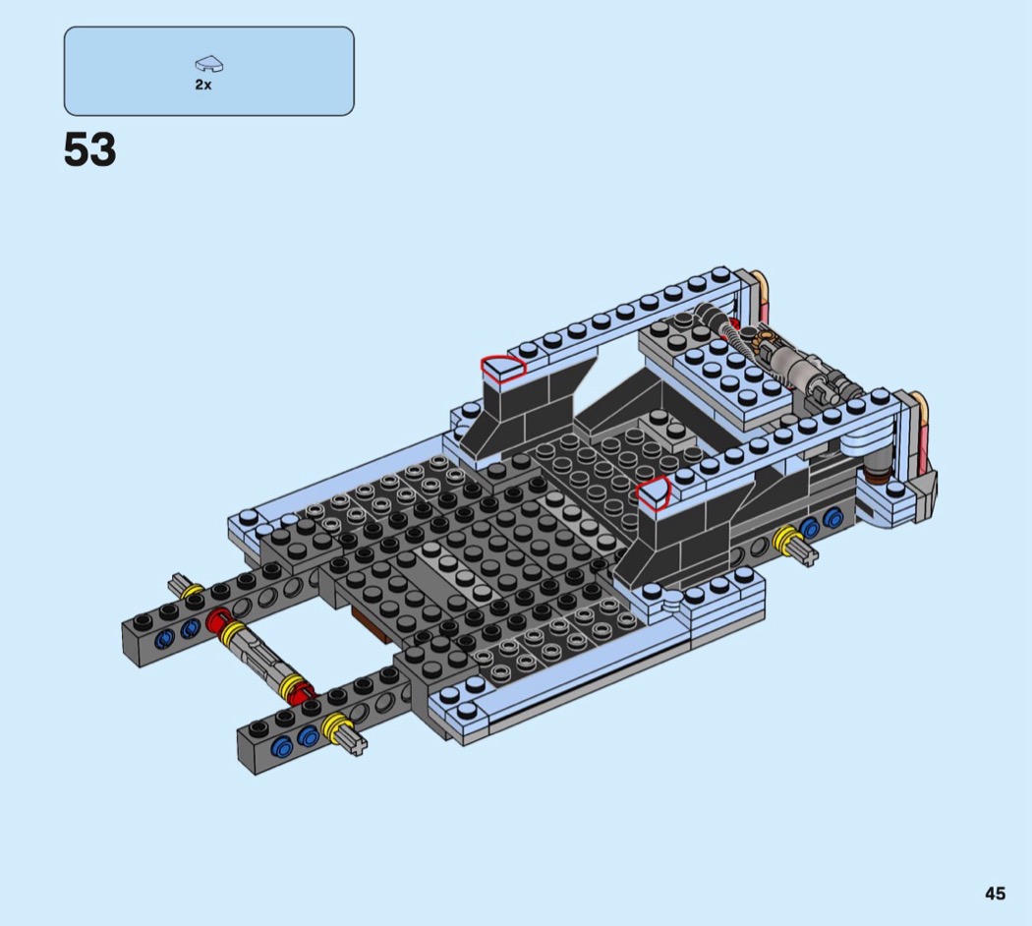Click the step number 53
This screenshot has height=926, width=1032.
click(x=89, y=149)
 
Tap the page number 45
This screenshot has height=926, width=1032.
click(x=995, y=894)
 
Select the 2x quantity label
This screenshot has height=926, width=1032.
click(x=202, y=85)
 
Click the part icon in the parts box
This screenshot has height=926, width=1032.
click(x=209, y=64)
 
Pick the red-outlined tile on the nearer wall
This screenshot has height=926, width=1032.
click(x=653, y=492)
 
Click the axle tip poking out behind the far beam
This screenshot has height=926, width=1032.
click(x=177, y=582)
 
